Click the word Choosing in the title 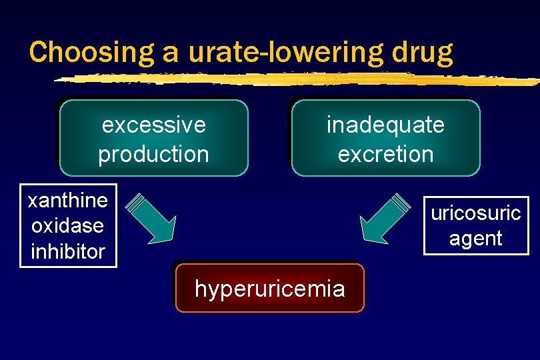84,52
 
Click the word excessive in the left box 154,125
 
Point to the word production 154,154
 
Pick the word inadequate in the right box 385,125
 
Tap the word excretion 385,154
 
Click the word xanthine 68,200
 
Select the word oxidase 68,225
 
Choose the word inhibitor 68,251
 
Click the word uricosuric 476,213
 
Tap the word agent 476,238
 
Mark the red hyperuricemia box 270,289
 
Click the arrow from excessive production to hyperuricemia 151,217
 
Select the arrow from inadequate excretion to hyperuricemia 386,217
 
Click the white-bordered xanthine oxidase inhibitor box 68,225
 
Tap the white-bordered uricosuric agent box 476,225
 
